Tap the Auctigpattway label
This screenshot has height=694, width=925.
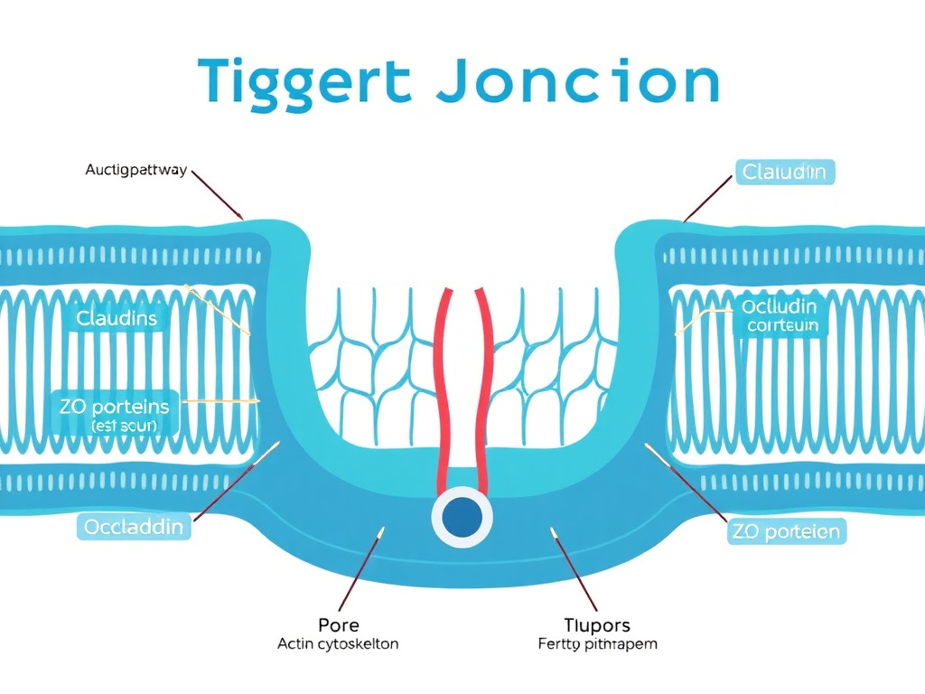pos(136,170)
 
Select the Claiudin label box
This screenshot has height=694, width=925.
pos(784,171)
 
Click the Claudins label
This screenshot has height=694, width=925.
pos(117,318)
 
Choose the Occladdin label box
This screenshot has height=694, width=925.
pos(134,526)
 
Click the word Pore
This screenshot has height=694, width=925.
pos(339,625)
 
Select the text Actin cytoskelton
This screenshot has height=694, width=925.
pos(339,644)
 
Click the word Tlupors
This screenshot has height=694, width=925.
pos(596,625)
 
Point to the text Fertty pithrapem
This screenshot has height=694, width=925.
pos(596,644)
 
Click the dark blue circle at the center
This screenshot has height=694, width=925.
pos(462,517)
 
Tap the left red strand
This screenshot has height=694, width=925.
pos(444,389)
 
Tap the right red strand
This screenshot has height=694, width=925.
pos(483,389)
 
